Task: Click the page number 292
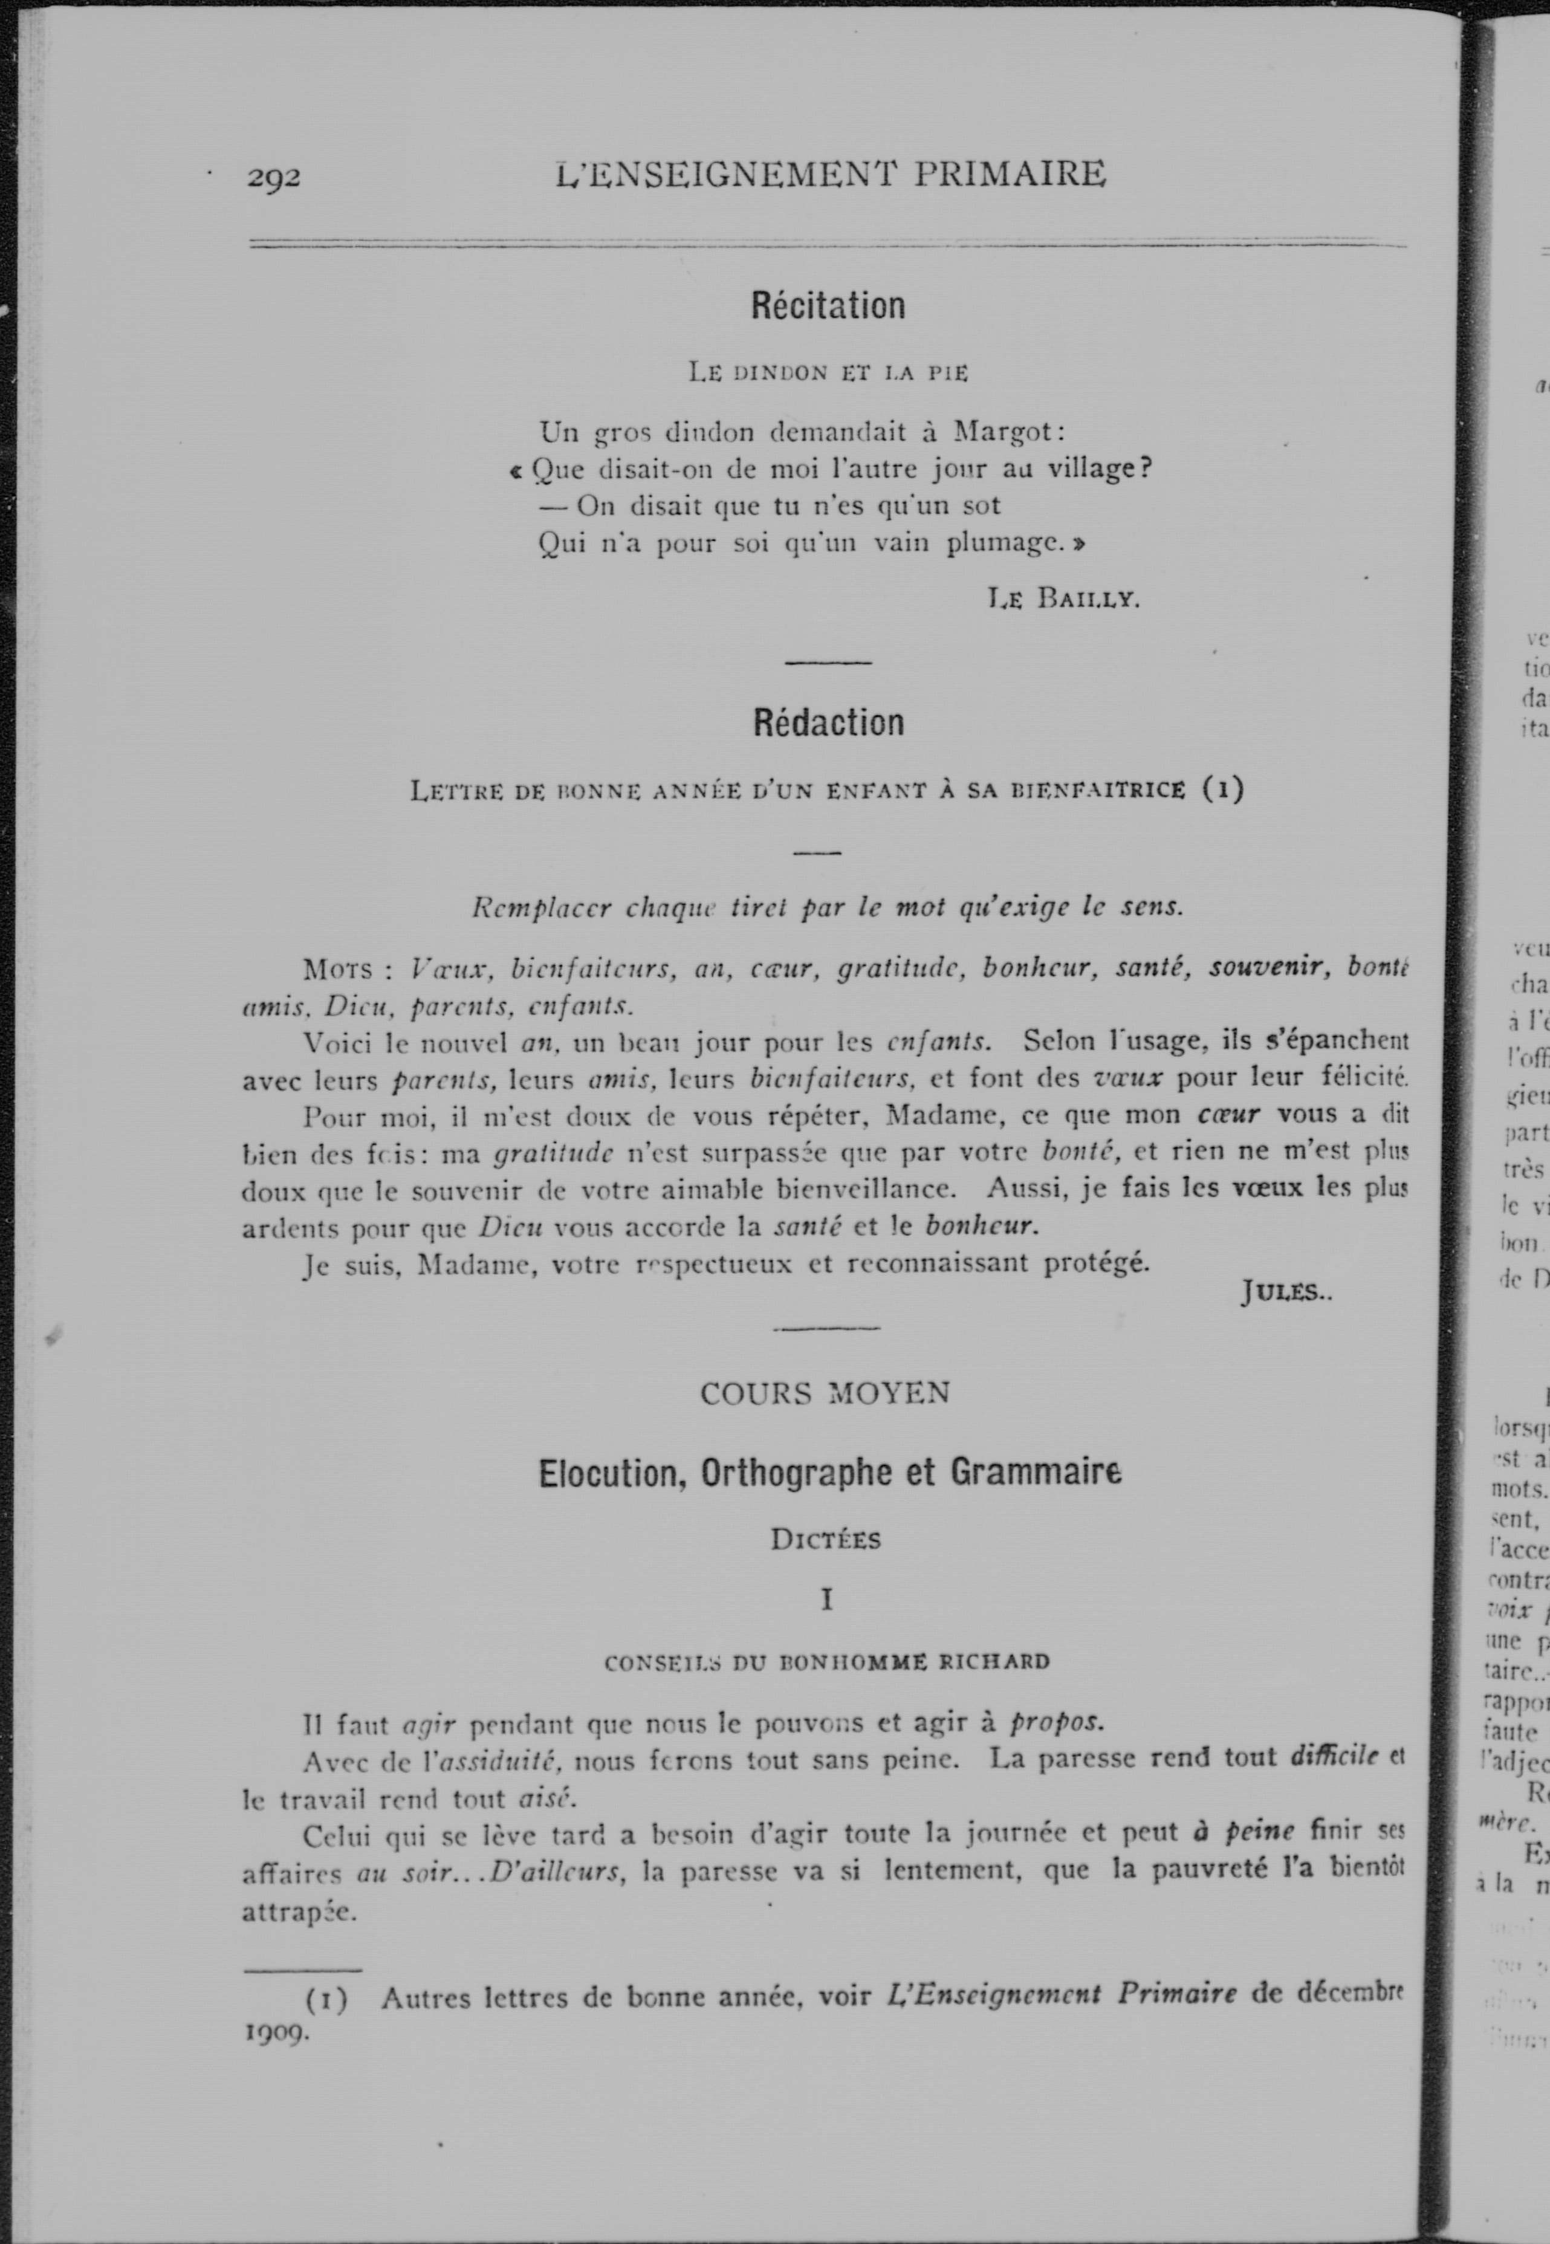[x=274, y=178]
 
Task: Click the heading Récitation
[x=828, y=306]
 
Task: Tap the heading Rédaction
[x=828, y=722]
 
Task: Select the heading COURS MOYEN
[x=825, y=1393]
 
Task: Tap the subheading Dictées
[x=826, y=1540]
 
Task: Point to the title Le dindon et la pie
[x=828, y=372]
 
